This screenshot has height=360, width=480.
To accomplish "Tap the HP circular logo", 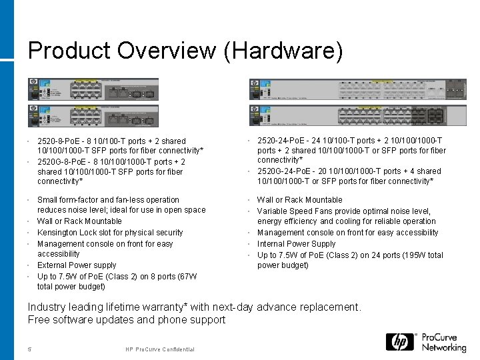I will (399, 342).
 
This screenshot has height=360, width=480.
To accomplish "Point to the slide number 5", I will (30, 350).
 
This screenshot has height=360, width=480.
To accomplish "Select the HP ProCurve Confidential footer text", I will (159, 350).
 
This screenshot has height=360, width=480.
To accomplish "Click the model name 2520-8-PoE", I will (61, 141).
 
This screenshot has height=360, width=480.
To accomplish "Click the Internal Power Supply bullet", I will (296, 244).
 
